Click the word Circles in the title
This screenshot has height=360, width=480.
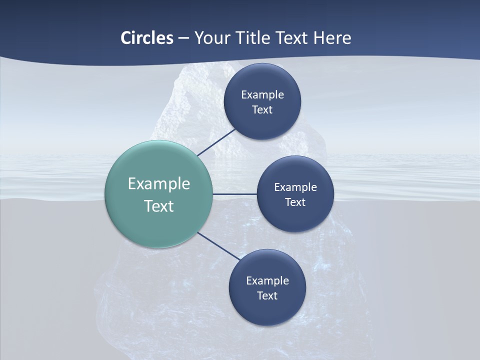click(x=146, y=38)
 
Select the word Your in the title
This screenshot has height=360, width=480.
click(x=211, y=38)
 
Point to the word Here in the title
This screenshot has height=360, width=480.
click(x=332, y=38)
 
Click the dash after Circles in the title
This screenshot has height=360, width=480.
click(x=183, y=38)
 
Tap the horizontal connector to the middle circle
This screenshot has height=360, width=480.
click(x=234, y=194)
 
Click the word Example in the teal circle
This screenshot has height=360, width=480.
click(x=159, y=184)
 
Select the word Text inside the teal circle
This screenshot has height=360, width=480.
click(x=159, y=206)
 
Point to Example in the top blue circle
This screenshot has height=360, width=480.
click(x=262, y=95)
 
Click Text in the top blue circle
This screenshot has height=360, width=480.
click(x=262, y=110)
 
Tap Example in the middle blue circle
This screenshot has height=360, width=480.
click(x=295, y=187)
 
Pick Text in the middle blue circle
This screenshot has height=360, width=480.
click(x=295, y=202)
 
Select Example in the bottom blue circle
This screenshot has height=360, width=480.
click(x=267, y=281)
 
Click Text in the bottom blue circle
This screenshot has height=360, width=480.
click(x=267, y=296)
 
